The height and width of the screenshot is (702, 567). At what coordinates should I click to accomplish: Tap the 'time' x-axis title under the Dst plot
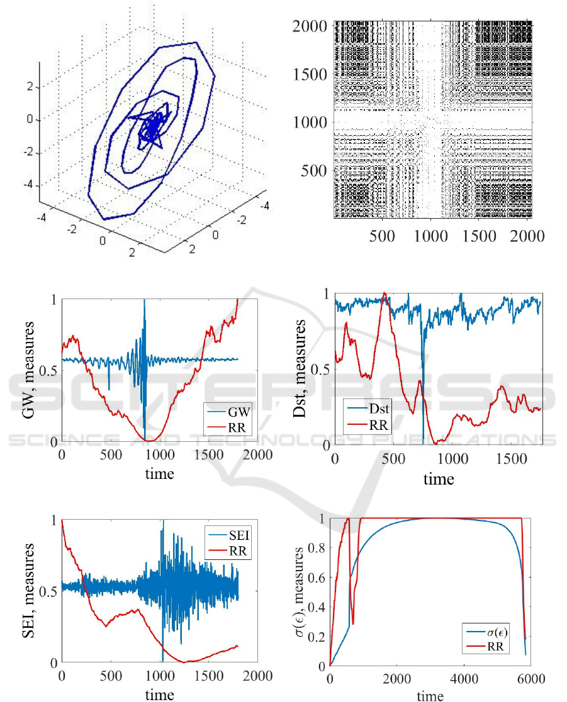click(439, 480)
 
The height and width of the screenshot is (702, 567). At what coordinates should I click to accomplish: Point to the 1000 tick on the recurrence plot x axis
click(430, 234)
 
